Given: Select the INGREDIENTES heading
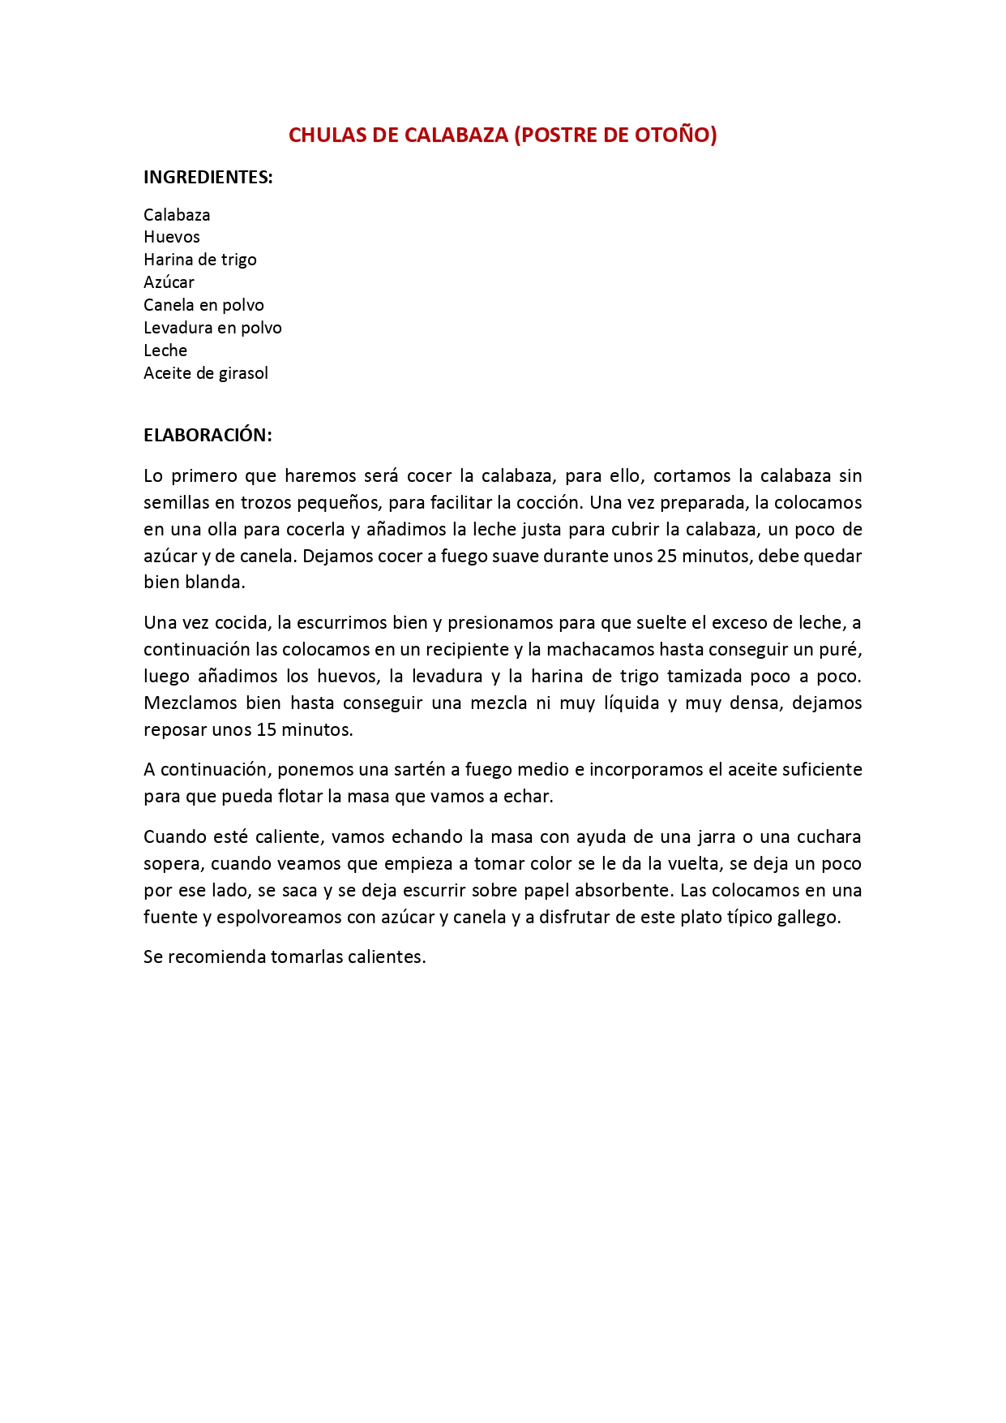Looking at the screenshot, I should [208, 177].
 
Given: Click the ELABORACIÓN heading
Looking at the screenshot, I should [208, 435].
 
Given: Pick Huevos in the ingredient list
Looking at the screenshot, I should [172, 237].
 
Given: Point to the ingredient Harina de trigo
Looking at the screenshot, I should [200, 260].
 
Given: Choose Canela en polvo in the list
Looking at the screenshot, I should [203, 305].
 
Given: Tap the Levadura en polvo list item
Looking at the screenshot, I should [212, 328].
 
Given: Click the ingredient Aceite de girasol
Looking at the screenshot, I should [206, 373].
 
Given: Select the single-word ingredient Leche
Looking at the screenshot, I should [165, 350].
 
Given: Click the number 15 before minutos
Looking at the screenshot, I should [267, 729].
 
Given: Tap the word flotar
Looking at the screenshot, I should [300, 796].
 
